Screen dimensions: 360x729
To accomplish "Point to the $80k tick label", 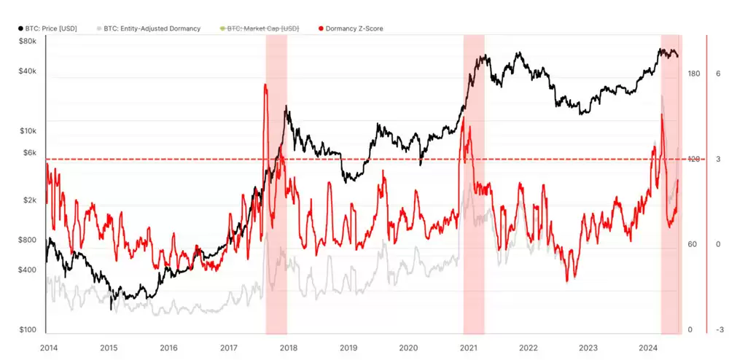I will pyautogui.click(x=27, y=41).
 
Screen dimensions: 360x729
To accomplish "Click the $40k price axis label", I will pyautogui.click(x=27, y=71).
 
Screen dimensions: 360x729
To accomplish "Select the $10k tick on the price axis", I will pyautogui.click(x=27, y=131).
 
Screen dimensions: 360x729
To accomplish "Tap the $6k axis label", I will pyautogui.click(x=28, y=153).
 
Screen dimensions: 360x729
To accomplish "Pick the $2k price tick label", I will pyautogui.click(x=28, y=200).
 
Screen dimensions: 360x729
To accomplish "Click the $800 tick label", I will pyautogui.click(x=28, y=240).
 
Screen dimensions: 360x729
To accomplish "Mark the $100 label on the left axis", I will pyautogui.click(x=28, y=330).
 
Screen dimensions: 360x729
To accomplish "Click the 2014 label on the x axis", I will pyautogui.click(x=49, y=348).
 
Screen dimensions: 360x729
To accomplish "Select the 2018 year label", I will pyautogui.click(x=289, y=348).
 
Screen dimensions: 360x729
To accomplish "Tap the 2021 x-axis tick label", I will pyautogui.click(x=469, y=348).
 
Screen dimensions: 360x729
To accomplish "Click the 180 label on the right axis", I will pyautogui.click(x=693, y=74).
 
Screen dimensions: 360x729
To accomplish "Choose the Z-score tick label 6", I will pyautogui.click(x=718, y=74).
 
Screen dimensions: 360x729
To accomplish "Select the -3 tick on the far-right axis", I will pyautogui.click(x=720, y=330).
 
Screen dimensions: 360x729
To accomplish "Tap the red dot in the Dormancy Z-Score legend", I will pyautogui.click(x=321, y=28).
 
